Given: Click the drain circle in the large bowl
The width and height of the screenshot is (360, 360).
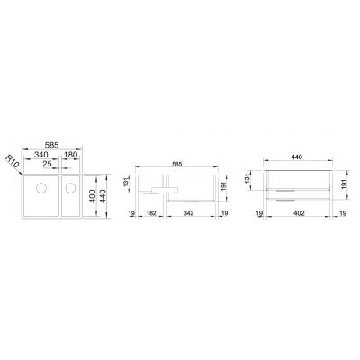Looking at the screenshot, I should pos(41,190).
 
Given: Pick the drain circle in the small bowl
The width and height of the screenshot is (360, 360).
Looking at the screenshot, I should pos(70,190).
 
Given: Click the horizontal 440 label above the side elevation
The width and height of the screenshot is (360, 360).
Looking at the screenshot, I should pos(296,157).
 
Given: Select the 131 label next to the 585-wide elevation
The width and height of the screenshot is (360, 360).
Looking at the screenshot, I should pos(130,184).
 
